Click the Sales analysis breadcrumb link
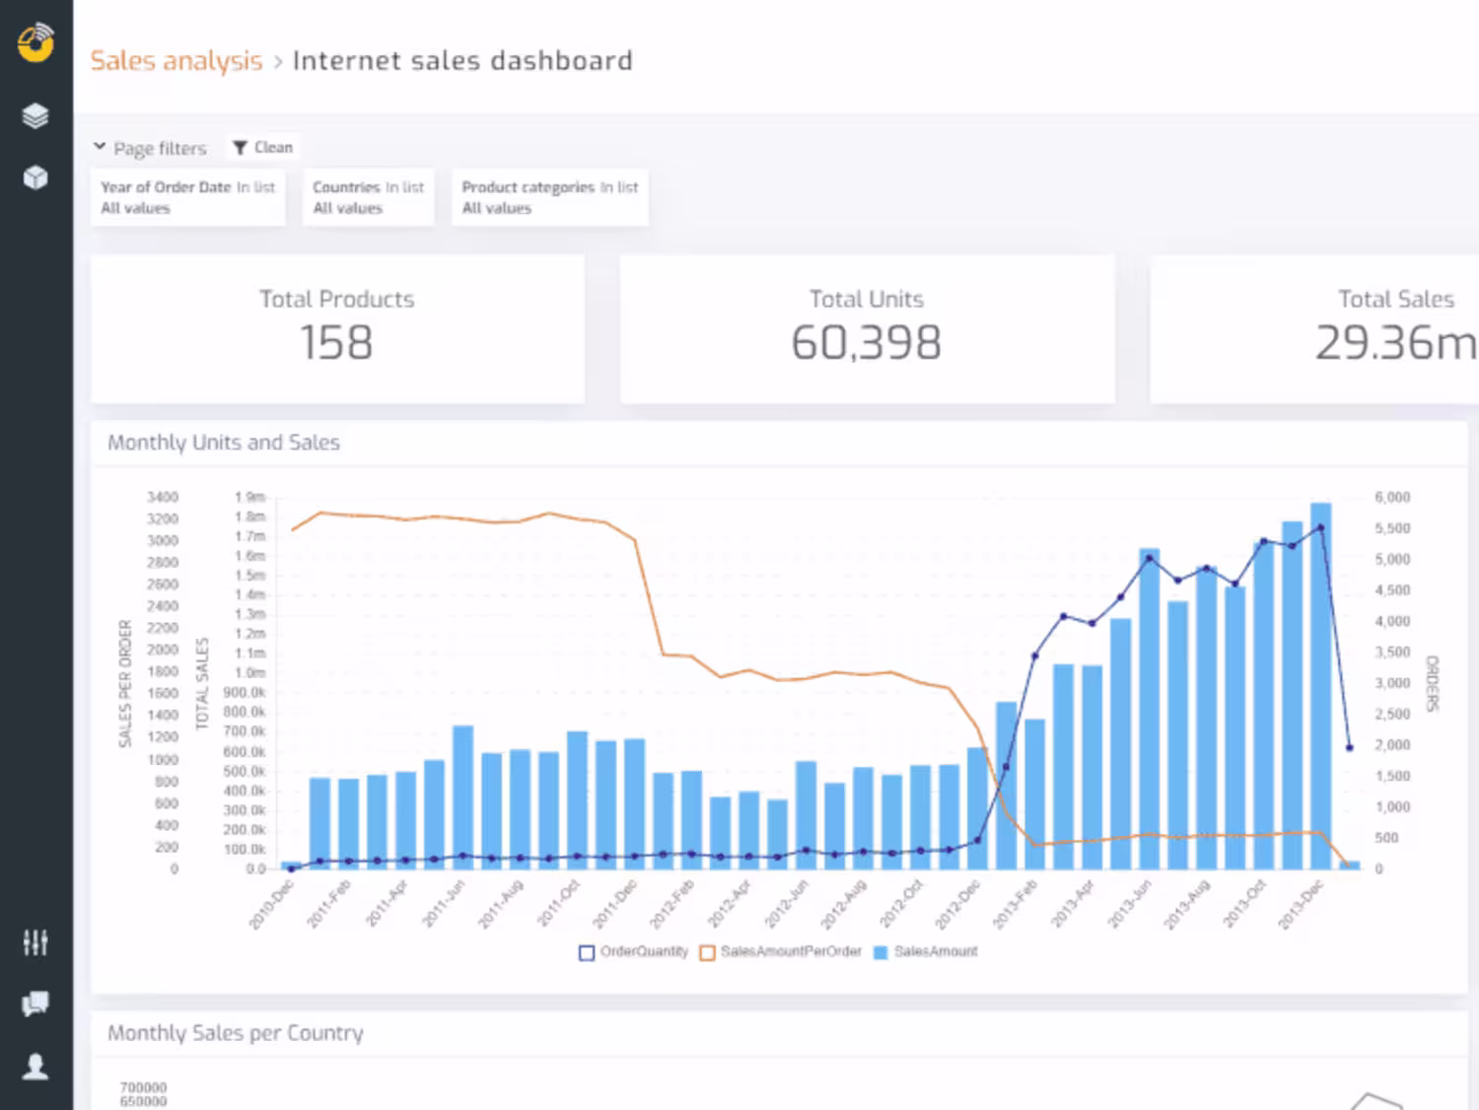tap(176, 61)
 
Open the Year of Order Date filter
tap(187, 197)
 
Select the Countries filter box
tap(368, 197)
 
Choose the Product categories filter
tap(549, 197)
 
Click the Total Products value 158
tap(336, 343)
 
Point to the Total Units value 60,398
tap(866, 343)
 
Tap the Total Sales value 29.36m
tap(1395, 343)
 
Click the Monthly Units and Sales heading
tap(224, 443)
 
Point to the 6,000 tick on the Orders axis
tap(1392, 498)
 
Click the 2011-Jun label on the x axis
tap(443, 905)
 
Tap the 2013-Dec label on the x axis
tap(1301, 905)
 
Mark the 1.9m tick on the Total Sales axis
tap(249, 497)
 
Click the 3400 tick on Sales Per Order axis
tap(163, 497)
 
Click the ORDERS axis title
tap(1433, 683)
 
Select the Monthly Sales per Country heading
tap(236, 1033)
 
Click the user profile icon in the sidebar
tap(35, 1067)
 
